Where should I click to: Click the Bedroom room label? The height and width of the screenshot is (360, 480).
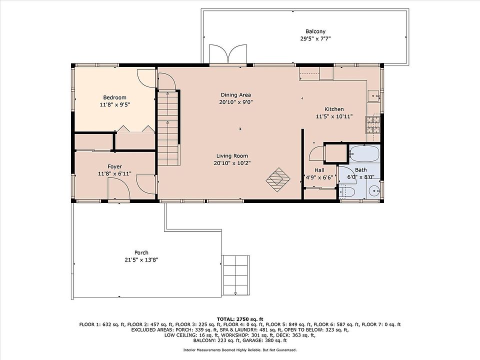(115, 97)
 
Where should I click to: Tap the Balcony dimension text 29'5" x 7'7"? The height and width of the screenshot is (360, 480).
(315, 38)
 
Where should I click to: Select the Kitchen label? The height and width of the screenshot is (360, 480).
(334, 109)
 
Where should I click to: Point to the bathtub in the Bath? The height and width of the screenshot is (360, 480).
(364, 154)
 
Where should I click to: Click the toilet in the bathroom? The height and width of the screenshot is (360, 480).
(347, 192)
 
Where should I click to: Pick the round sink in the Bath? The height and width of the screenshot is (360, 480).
(374, 191)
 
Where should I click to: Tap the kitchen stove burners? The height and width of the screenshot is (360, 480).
(373, 124)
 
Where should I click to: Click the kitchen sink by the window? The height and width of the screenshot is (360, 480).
(373, 95)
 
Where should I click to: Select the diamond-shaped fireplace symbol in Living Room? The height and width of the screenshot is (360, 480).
(278, 179)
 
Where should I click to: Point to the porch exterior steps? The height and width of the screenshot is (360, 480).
(235, 275)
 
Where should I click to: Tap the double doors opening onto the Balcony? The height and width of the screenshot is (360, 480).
(228, 54)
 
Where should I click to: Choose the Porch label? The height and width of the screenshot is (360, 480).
(141, 252)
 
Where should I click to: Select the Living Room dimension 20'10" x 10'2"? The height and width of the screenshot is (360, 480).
(232, 163)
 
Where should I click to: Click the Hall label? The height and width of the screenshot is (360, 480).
(319, 170)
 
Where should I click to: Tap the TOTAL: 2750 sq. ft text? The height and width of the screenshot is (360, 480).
(240, 319)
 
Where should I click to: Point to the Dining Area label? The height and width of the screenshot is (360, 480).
(235, 95)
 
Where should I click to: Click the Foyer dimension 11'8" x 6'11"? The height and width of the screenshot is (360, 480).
(115, 173)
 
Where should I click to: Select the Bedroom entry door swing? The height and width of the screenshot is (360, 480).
(146, 78)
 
